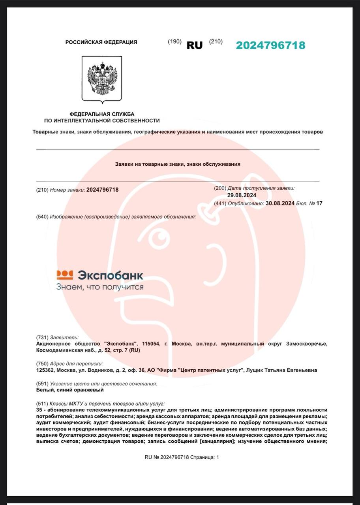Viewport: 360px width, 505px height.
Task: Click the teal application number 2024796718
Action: coord(270,45)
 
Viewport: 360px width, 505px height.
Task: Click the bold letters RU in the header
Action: coord(194,45)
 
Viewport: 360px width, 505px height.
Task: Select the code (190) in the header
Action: coord(174,41)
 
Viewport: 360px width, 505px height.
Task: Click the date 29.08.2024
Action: coord(242,195)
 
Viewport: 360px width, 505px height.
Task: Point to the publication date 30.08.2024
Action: coord(280,203)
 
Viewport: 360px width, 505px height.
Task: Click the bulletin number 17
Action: coord(319,203)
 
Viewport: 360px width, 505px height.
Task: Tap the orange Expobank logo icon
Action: coord(65,275)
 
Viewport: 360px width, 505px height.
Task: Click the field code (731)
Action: coord(42,337)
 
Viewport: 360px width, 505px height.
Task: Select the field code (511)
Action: coord(42,404)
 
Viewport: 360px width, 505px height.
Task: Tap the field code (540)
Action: coord(42,217)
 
